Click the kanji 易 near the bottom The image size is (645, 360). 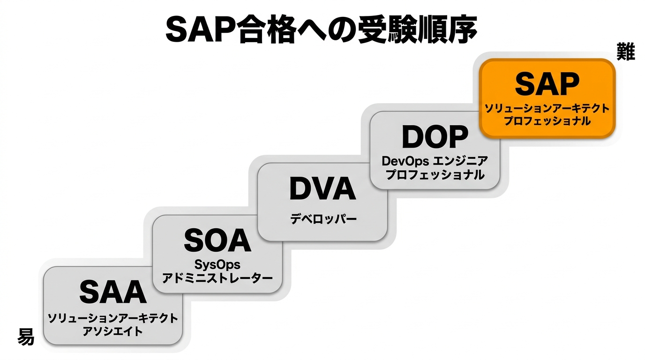coord(26,337)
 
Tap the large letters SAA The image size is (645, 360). coord(113,292)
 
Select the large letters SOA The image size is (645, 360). coord(217,241)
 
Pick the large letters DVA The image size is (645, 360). coord(322,189)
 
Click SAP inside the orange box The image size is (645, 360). coord(547,85)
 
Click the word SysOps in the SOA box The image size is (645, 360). coord(217,265)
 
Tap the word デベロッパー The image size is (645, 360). coord(323,218)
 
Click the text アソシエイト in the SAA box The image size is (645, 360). coord(112,331)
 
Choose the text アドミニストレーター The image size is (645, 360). coord(217,278)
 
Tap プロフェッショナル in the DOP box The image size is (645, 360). coord(435,175)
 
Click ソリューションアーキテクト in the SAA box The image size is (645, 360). coord(112,319)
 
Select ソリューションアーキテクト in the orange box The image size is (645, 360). coord(547,109)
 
